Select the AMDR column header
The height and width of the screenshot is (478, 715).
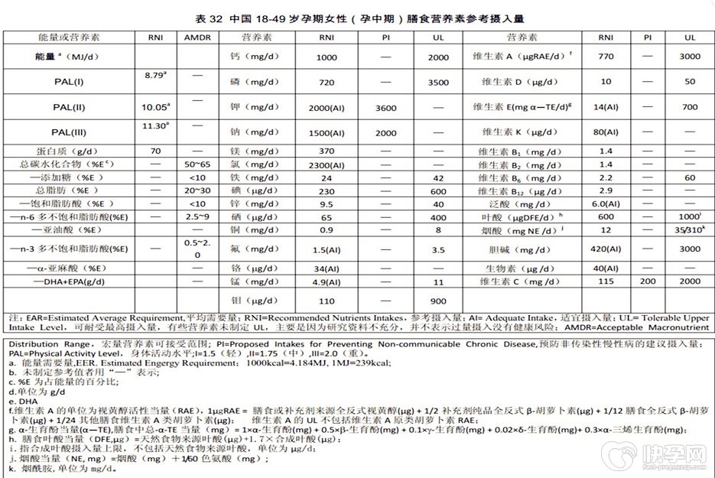pyautogui.click(x=198, y=37)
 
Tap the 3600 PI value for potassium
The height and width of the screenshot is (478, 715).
pyautogui.click(x=385, y=108)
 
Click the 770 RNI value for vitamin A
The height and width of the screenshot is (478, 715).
pyautogui.click(x=606, y=57)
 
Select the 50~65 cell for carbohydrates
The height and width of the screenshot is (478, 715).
pyautogui.click(x=198, y=165)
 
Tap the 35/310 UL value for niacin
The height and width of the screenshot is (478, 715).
pyautogui.click(x=690, y=230)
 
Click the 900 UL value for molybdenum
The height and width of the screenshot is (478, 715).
pyautogui.click(x=438, y=301)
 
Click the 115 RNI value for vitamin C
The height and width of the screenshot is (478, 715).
pyautogui.click(x=606, y=282)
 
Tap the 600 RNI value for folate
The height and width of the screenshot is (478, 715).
pyautogui.click(x=606, y=216)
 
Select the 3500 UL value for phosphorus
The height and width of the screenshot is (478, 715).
pyautogui.click(x=438, y=82)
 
